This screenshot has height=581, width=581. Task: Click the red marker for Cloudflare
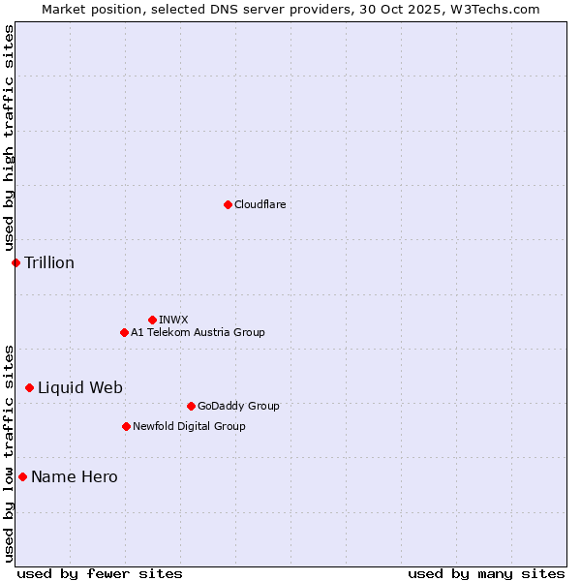[228, 204]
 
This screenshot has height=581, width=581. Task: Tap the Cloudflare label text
[260, 204]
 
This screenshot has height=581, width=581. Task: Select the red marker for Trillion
[15, 262]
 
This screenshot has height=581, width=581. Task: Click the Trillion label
[49, 262]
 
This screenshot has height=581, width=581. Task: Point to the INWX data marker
[152, 320]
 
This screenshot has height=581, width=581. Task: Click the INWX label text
[173, 320]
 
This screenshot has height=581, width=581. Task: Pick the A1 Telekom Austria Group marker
[124, 332]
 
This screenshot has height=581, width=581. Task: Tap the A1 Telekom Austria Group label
[198, 332]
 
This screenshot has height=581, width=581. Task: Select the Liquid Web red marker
[29, 387]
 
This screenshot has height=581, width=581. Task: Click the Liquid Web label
[80, 387]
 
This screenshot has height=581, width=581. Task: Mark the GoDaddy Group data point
[191, 406]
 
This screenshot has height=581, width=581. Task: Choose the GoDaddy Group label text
[238, 406]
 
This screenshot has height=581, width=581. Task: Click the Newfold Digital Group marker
[126, 426]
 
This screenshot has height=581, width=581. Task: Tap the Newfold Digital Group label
[189, 426]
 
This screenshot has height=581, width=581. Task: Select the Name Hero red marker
[22, 476]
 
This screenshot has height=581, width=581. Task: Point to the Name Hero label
[75, 476]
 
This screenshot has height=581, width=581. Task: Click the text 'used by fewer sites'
[100, 573]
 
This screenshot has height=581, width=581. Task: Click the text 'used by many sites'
[486, 573]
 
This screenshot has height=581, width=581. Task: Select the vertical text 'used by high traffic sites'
[9, 138]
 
